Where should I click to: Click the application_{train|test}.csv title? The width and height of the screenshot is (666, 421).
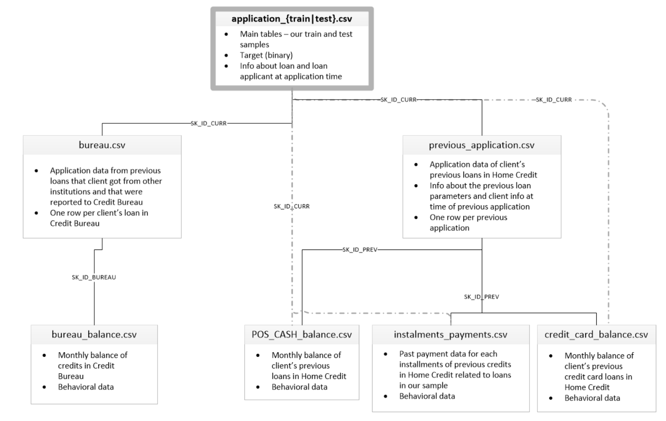292,19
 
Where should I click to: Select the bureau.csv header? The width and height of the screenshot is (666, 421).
102,145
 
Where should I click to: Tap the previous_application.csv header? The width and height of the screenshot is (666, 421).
481,145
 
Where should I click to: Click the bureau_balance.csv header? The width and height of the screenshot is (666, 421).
94,335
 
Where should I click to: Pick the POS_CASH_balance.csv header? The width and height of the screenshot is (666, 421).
301,335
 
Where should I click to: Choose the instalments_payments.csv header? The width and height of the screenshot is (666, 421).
450,335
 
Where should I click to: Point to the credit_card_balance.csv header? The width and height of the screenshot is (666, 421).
596,335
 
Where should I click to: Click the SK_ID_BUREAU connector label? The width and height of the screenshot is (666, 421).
94,277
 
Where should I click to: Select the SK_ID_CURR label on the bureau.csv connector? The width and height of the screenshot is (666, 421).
208,124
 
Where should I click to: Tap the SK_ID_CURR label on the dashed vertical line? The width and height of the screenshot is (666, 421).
291,206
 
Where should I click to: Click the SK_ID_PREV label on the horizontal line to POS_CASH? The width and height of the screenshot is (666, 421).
359,250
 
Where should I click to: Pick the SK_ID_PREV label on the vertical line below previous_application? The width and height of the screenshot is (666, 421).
481,297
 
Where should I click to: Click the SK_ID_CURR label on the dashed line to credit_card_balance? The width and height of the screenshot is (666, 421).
554,100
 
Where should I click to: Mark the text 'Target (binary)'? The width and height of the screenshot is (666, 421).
266,55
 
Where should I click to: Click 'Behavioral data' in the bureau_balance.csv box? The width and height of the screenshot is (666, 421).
86,387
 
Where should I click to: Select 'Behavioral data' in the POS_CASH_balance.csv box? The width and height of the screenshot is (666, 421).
299,387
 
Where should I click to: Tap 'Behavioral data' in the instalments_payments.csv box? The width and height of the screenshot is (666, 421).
427,396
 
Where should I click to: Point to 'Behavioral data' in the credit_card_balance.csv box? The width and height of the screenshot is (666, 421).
592,398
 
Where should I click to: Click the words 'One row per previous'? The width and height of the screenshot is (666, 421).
468,218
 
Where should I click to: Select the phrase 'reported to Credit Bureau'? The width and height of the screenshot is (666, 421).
96,202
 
